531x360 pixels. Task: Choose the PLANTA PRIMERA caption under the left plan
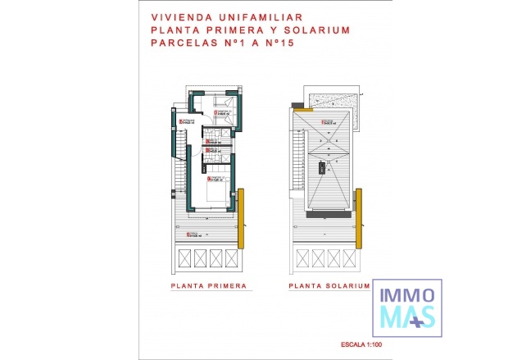209,287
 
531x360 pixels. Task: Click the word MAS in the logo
404,315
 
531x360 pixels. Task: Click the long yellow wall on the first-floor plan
243,218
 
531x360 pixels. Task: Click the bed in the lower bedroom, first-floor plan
216,194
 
